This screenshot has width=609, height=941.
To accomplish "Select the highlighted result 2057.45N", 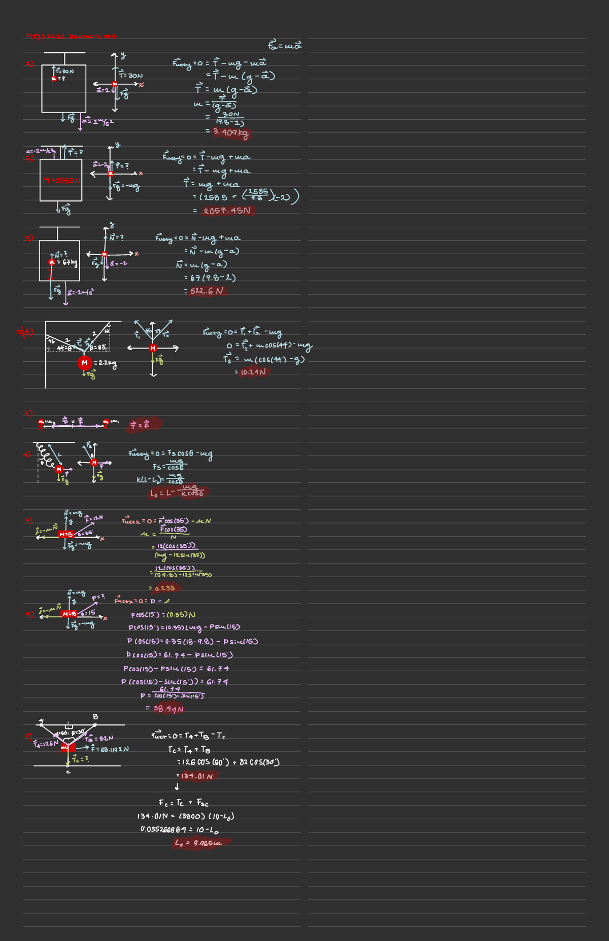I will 227,211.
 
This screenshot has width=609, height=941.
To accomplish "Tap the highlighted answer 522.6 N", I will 206,291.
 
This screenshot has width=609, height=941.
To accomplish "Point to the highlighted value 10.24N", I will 252,372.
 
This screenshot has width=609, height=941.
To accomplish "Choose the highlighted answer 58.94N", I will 168,709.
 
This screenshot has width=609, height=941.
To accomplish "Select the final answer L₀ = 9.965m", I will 198,843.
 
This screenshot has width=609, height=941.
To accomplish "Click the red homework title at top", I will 71,36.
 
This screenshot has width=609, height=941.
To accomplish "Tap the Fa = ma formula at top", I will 285,46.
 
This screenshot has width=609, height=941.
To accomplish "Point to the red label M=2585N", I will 61,181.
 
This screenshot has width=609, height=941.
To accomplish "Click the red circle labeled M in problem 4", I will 85,363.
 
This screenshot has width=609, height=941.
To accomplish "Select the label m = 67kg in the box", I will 63,262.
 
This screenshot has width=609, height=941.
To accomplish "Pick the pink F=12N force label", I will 94,518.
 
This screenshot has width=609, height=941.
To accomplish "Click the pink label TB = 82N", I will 99,739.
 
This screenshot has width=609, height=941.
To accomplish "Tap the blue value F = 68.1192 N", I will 110,749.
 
